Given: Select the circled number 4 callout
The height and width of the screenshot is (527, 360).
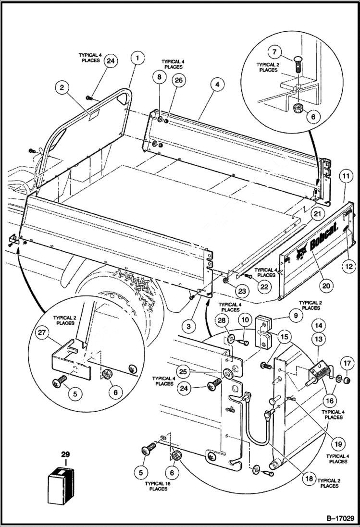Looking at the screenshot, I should tap(217, 84).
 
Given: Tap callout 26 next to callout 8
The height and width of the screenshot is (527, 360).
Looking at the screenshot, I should tap(179, 80).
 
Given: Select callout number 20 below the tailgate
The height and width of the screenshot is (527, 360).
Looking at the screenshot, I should tap(326, 285).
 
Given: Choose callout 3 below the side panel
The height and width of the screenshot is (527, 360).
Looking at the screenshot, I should tap(189, 326).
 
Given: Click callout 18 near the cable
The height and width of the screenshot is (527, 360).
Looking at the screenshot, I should tap(308, 478).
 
